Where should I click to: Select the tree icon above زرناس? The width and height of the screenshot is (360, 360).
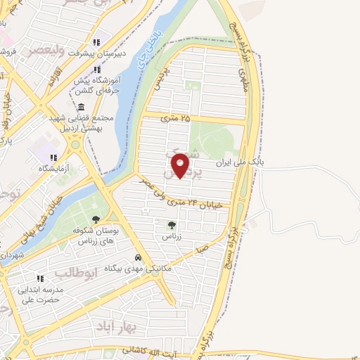[x=172, y=225]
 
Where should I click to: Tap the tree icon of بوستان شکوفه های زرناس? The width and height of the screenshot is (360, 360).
[x=95, y=219]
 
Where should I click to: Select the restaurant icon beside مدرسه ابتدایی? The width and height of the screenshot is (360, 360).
[x=40, y=278]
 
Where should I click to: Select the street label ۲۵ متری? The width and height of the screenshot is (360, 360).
[x=176, y=119]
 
